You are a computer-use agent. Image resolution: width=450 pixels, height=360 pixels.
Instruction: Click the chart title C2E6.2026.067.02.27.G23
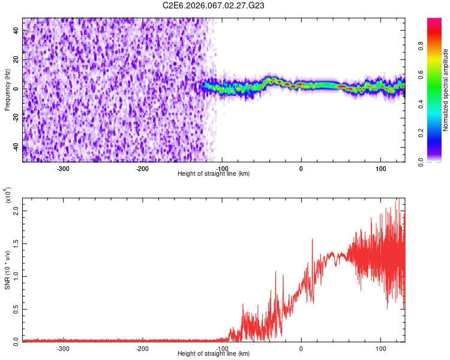pos(214,5)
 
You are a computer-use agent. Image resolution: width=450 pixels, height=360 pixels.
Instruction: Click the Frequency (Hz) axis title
pos(7,89)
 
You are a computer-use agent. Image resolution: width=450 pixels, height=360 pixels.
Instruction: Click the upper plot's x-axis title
pos(214,173)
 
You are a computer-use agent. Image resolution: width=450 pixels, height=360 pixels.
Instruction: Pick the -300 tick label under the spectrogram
pos(63,168)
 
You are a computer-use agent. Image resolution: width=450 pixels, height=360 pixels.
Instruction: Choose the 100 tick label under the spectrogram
pos(380,168)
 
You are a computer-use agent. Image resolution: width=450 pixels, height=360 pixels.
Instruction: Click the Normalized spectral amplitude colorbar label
pos(446,90)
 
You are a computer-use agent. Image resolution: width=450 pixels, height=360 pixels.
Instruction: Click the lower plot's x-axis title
pos(214,353)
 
